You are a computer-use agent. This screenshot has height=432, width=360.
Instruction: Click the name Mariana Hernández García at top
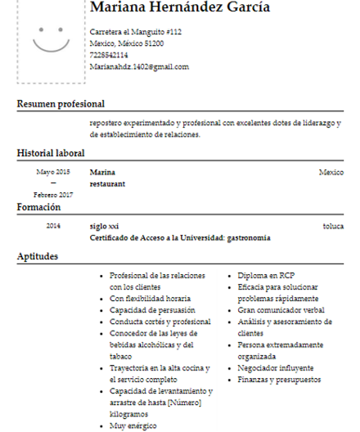(x=179, y=9)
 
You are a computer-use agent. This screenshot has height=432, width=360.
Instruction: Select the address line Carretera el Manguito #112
(x=135, y=31)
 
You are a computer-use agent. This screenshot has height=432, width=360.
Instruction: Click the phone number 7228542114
(x=109, y=55)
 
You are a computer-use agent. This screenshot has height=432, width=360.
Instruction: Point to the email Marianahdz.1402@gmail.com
(x=139, y=67)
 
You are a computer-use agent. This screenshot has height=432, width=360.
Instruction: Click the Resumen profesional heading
(x=61, y=104)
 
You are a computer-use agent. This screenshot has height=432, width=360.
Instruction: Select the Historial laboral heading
(x=51, y=153)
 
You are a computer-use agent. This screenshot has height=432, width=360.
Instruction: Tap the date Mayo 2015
(x=53, y=172)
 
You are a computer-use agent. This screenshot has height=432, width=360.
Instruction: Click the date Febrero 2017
(x=53, y=195)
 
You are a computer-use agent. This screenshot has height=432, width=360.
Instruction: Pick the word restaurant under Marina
(x=107, y=184)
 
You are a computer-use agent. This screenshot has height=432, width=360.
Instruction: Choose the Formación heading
(x=39, y=208)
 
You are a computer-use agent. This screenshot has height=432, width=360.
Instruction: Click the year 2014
(x=53, y=225)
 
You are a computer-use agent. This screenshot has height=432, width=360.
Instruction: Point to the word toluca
(x=333, y=225)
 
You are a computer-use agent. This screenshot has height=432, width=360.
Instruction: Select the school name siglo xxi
(x=104, y=225)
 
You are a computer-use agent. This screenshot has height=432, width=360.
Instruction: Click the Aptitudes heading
(x=38, y=257)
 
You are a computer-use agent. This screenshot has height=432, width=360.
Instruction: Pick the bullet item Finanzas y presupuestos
(x=279, y=380)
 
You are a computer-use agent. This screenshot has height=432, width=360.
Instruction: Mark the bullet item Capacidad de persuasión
(x=152, y=310)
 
